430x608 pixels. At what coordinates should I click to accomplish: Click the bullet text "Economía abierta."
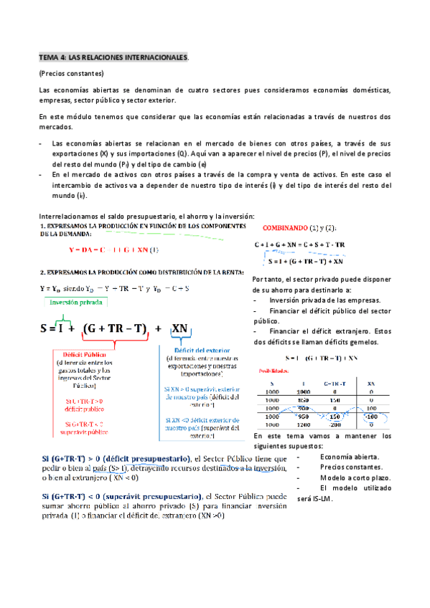(347, 457)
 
